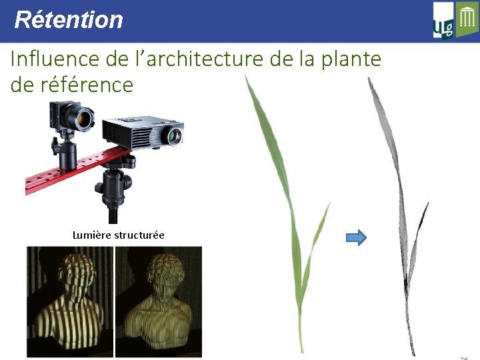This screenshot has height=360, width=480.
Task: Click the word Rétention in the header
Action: click(69, 20)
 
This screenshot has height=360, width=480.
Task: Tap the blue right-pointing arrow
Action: click(357, 237)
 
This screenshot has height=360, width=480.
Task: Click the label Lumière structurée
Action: click(118, 235)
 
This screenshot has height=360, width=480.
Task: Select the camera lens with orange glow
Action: click(85, 121)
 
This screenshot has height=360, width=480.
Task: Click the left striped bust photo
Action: click(70, 301)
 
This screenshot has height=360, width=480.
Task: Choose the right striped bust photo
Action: click(159, 301)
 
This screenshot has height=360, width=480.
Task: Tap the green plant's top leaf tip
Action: click(247, 77)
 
